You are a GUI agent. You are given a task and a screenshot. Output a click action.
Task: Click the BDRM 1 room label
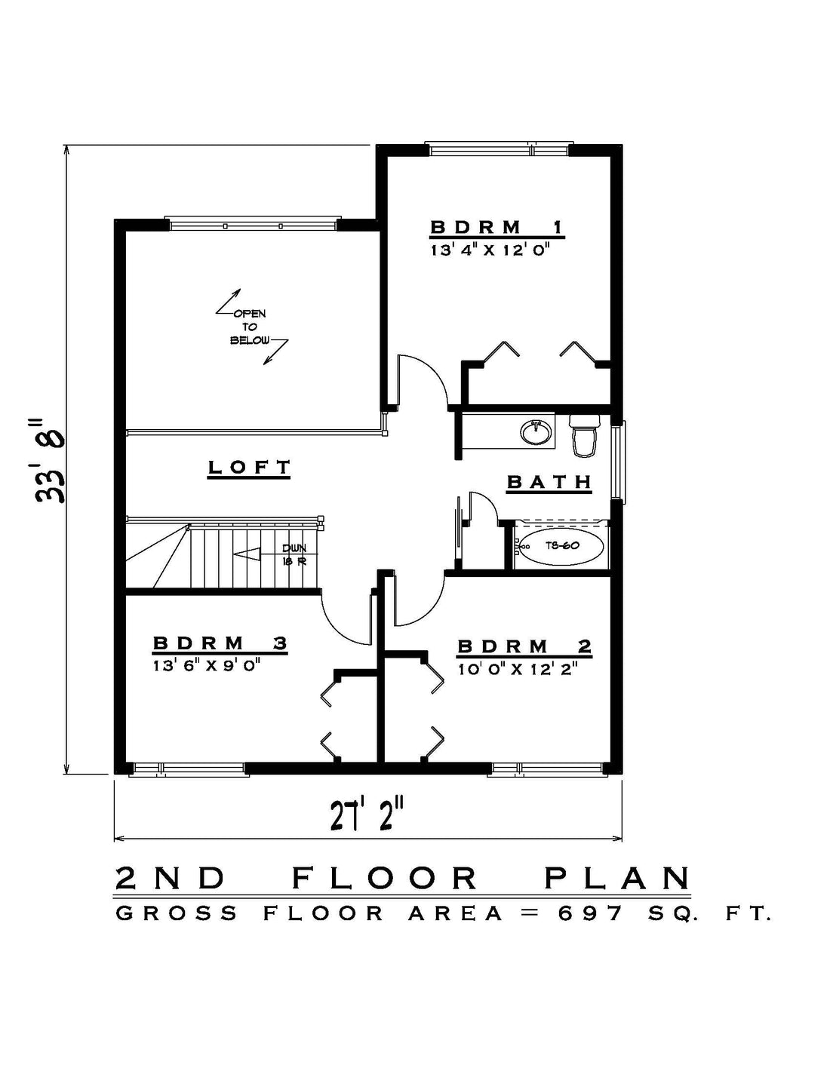496,228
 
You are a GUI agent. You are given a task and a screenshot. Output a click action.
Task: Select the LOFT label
249,467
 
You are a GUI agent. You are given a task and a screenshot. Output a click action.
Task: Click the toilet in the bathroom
585,435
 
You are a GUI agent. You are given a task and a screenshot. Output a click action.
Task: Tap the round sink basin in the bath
536,432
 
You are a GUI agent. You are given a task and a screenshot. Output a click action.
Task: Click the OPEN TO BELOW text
251,327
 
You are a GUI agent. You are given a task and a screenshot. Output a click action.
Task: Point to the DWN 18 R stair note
294,554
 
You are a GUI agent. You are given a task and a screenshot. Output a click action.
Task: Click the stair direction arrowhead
247,554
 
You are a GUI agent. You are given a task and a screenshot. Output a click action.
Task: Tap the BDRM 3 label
220,643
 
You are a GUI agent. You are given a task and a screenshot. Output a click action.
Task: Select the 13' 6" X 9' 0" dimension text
207,666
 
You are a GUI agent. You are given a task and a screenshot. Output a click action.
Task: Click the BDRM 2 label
524,646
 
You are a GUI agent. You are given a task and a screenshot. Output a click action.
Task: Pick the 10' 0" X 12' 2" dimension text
518,669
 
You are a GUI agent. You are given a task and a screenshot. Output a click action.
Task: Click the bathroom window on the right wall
618,462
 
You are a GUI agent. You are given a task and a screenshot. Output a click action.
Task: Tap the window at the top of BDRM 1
499,149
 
